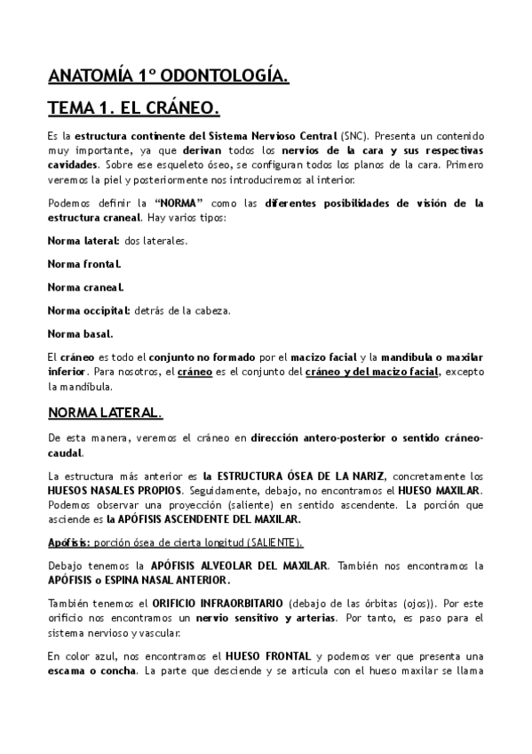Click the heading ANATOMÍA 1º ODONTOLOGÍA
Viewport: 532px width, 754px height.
tap(167, 76)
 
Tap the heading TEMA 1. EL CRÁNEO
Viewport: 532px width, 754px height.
tap(133, 109)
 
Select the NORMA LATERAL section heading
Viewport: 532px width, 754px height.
tap(105, 413)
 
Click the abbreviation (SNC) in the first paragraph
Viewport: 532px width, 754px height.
tap(352, 137)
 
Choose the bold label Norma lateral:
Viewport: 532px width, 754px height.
tap(84, 240)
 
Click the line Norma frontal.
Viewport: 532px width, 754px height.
tap(84, 264)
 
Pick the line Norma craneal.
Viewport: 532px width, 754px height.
tap(85, 287)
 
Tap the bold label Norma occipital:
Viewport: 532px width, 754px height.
tap(89, 310)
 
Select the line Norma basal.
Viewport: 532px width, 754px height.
tap(80, 333)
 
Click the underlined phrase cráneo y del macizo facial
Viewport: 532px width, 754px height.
tap(373, 373)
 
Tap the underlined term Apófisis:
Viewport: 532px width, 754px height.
tap(68, 542)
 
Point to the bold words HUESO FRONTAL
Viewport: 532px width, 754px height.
tap(262, 655)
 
